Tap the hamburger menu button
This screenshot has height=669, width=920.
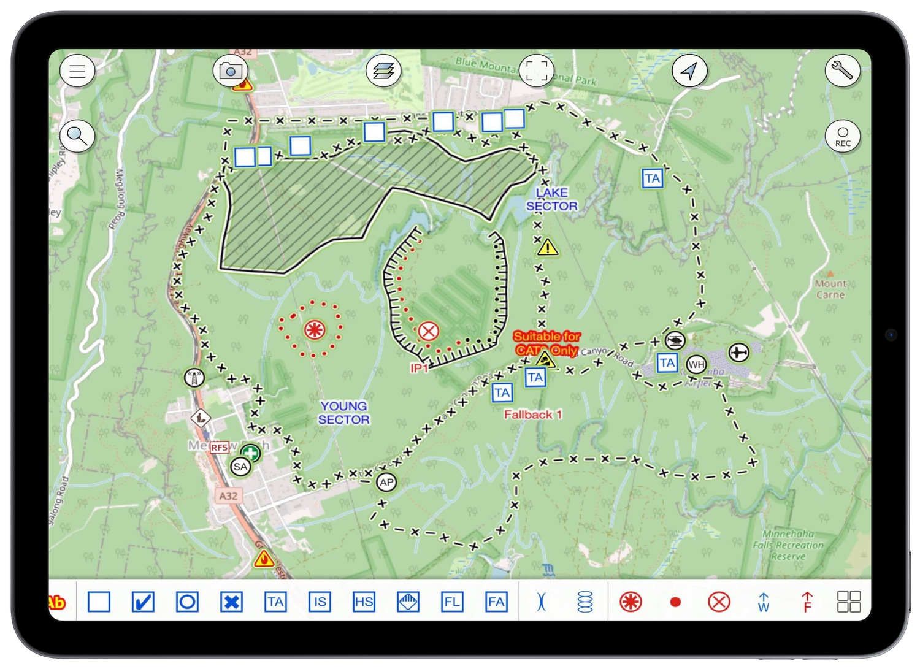[77, 71]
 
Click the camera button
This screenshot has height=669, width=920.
[230, 71]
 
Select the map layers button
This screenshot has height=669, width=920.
[383, 71]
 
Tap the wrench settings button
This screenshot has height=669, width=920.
[842, 71]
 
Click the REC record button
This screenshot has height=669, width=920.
[843, 136]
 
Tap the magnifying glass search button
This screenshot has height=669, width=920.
[77, 136]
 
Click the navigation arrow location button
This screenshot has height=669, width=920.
[689, 71]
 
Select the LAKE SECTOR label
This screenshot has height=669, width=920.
[552, 199]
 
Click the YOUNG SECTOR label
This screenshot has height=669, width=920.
[344, 413]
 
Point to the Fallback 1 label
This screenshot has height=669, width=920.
[533, 415]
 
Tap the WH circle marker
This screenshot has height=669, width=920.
[696, 365]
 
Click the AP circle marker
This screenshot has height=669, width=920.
[386, 482]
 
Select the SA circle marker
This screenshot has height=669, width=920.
[240, 467]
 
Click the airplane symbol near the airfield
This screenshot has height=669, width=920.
[739, 353]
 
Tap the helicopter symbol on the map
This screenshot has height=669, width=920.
[675, 340]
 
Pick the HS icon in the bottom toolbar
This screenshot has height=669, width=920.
[364, 602]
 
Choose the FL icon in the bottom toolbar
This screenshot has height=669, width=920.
[452, 602]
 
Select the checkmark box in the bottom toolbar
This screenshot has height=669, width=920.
[143, 602]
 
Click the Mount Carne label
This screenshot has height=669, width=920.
[830, 289]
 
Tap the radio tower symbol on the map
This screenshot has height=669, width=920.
[194, 377]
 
